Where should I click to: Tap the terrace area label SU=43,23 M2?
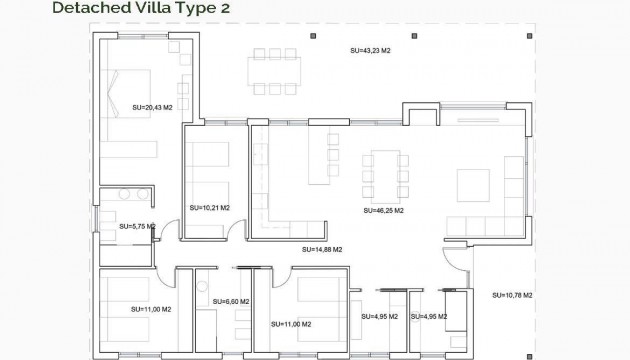click(x=370, y=50)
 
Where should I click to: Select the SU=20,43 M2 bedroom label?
click(x=153, y=104)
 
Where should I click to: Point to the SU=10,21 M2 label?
click(x=209, y=208)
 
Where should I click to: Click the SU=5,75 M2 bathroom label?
click(x=137, y=227)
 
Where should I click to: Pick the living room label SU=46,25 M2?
click(x=383, y=211)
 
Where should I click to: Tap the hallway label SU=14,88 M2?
click(x=323, y=249)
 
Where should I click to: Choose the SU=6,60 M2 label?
click(x=230, y=300)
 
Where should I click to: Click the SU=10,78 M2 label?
click(x=512, y=295)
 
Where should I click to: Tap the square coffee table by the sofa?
click(x=474, y=185)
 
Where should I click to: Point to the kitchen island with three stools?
click(x=323, y=156)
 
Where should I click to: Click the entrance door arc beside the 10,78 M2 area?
click(x=455, y=262)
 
